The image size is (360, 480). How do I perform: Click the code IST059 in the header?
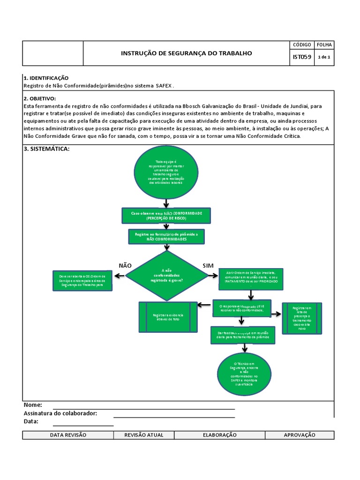pyautogui.click(x=301, y=57)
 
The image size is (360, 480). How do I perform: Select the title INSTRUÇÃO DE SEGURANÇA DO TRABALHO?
pyautogui.click(x=187, y=53)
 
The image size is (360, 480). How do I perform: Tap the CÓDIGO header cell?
pyautogui.click(x=301, y=45)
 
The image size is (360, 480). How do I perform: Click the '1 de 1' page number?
pyautogui.click(x=324, y=57)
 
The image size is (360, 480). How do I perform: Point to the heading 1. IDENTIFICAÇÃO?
pyautogui.click(x=46, y=78)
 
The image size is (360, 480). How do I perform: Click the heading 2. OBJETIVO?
pyautogui.click(x=39, y=98)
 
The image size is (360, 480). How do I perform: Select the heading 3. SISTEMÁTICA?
pyautogui.click(x=46, y=149)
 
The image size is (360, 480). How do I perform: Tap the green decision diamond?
pyautogui.click(x=166, y=276)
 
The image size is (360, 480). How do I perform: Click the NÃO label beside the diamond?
pyautogui.click(x=125, y=265)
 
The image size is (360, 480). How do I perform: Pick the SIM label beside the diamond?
pyautogui.click(x=208, y=266)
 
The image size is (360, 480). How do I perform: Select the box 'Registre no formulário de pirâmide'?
pyautogui.click(x=166, y=236)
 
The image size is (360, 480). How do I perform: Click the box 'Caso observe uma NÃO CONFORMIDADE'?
pyautogui.click(x=166, y=216)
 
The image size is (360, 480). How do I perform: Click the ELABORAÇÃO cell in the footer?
pyautogui.click(x=219, y=435)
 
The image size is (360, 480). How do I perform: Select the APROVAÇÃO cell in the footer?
pyautogui.click(x=300, y=435)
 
